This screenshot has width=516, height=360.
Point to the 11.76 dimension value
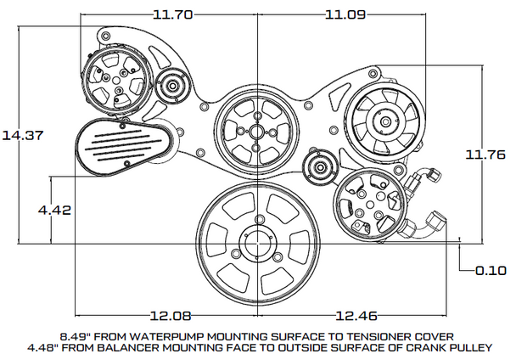tap(485, 154)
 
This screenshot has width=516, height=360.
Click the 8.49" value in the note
tap(76, 334)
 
